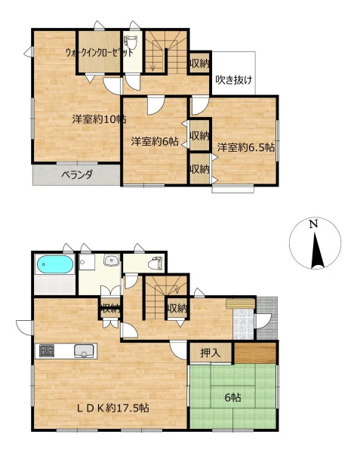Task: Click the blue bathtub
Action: click(x=54, y=264)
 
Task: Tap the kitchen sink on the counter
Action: click(x=84, y=351)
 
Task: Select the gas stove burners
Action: click(x=47, y=351)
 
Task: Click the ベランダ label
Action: click(x=77, y=174)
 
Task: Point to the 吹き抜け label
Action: click(x=234, y=80)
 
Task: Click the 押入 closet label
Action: click(x=211, y=353)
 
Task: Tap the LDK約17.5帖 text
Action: click(x=113, y=408)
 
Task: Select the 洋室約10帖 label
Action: click(x=99, y=119)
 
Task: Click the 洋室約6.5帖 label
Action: click(x=246, y=148)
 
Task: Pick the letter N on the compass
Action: click(x=313, y=224)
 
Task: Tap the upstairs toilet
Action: click(x=132, y=44)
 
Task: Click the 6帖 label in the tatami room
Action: click(x=233, y=398)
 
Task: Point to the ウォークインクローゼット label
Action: click(x=100, y=53)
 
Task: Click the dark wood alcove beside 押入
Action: click(x=255, y=353)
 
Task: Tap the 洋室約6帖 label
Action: click(x=155, y=142)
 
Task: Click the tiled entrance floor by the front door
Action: click(x=243, y=324)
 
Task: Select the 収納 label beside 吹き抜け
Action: click(x=199, y=64)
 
